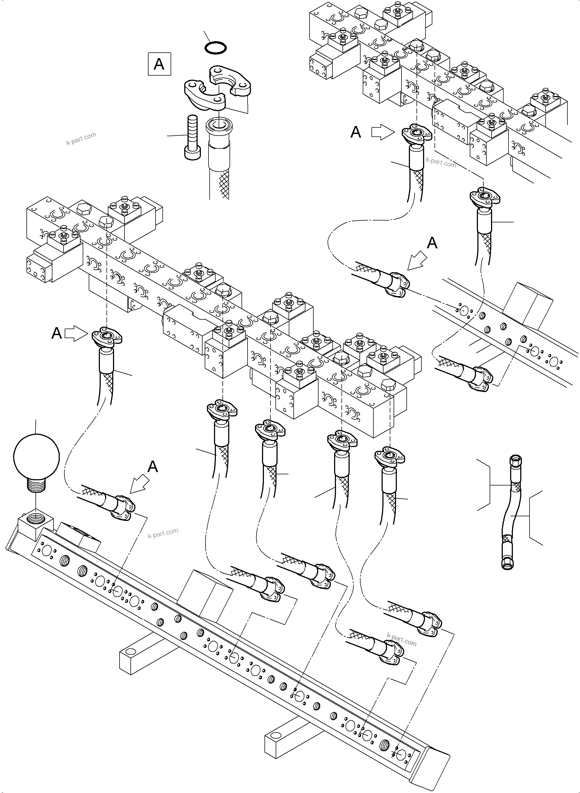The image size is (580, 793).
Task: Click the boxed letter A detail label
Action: tap(159, 64)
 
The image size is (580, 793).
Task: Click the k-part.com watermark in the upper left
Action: tap(81, 139)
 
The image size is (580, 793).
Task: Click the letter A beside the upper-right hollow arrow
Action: tap(356, 132)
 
